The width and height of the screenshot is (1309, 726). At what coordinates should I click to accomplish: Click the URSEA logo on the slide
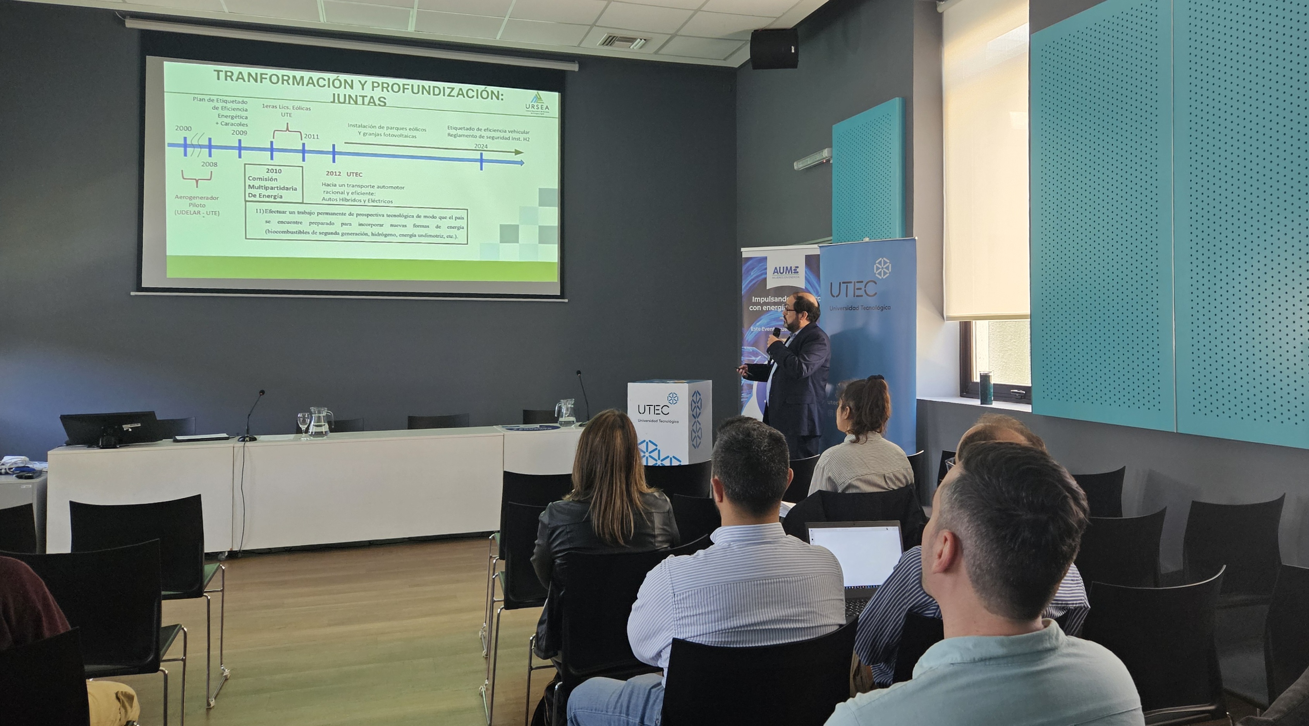point(537,103)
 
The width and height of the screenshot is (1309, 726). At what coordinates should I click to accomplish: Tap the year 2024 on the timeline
point(481,147)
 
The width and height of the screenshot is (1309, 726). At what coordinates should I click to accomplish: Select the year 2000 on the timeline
point(184,129)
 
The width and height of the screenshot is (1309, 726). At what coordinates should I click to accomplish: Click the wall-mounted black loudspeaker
point(773,49)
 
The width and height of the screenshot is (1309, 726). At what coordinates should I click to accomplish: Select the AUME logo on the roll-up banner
point(785,271)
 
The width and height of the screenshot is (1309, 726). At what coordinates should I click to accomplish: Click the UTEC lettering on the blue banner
point(853,290)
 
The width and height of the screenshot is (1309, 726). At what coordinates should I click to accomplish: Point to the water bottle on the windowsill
point(986,388)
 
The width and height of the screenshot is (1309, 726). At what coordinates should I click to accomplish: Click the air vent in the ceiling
point(624,41)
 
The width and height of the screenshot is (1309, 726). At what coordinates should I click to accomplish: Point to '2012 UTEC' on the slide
point(344,174)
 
